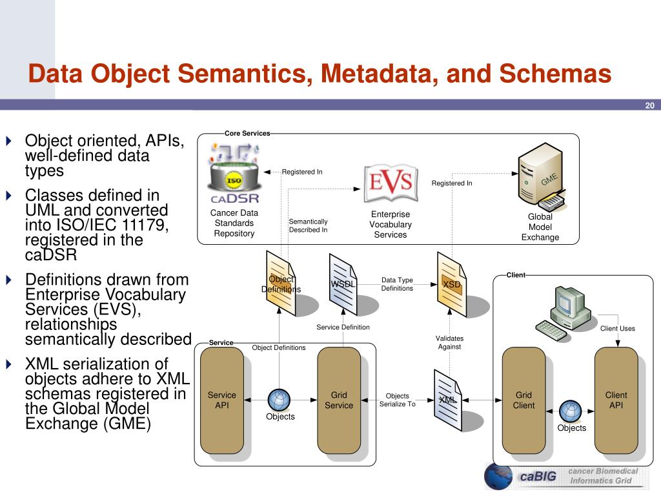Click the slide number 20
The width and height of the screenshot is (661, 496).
649,105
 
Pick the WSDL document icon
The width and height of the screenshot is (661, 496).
343,284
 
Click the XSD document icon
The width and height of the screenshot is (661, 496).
451,284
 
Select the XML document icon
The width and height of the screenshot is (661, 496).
448,400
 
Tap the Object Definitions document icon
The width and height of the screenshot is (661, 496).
281,284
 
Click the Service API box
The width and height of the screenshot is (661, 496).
222,400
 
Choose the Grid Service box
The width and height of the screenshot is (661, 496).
339,400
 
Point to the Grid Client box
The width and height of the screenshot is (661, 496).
524,400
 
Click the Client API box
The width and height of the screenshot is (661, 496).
616,400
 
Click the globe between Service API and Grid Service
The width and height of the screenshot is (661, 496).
279,400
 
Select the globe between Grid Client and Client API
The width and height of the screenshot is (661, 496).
571,411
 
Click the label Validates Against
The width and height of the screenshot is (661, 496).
449,342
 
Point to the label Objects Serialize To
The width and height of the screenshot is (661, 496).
398,400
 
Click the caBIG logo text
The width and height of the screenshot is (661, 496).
538,476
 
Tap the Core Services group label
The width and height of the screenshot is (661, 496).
247,133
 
